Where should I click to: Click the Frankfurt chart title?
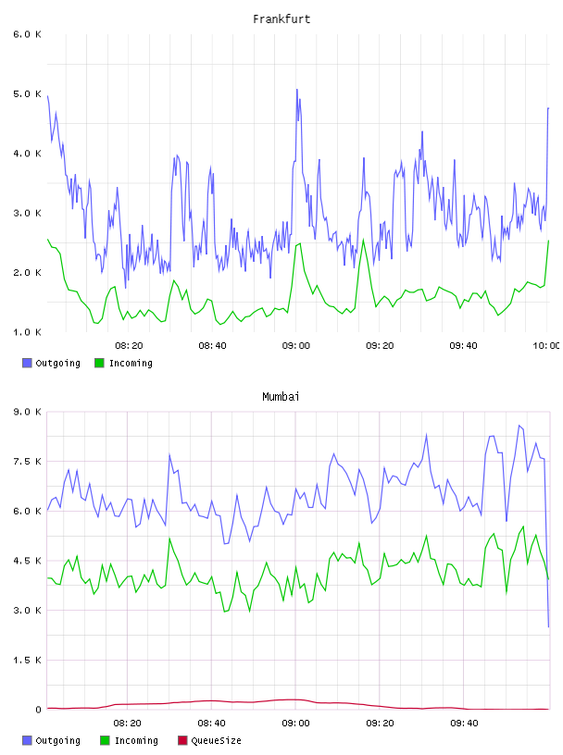click(281, 19)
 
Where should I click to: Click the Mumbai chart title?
click(281, 397)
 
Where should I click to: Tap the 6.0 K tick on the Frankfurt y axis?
click(28, 34)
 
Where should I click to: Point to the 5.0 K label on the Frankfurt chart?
click(28, 93)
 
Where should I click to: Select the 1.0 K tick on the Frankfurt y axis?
click(28, 332)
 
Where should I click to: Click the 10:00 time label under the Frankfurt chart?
click(546, 346)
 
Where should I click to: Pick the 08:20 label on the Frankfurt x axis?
click(129, 346)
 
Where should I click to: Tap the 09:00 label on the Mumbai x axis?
click(295, 724)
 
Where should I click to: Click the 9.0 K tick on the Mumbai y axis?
click(28, 412)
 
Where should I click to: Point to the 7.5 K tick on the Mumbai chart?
click(28, 462)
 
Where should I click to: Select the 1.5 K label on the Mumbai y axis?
click(28, 660)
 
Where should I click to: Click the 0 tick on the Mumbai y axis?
click(38, 710)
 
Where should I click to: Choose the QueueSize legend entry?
click(209, 740)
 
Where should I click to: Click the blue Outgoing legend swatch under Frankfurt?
click(27, 363)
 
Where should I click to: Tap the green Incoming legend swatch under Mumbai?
click(105, 740)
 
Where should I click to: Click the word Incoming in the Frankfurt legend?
click(131, 364)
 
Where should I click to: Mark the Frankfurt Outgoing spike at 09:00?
click(297, 90)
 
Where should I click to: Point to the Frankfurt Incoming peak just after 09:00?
click(300, 243)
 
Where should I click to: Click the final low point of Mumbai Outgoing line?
click(548, 626)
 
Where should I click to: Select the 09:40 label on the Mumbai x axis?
click(464, 724)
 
